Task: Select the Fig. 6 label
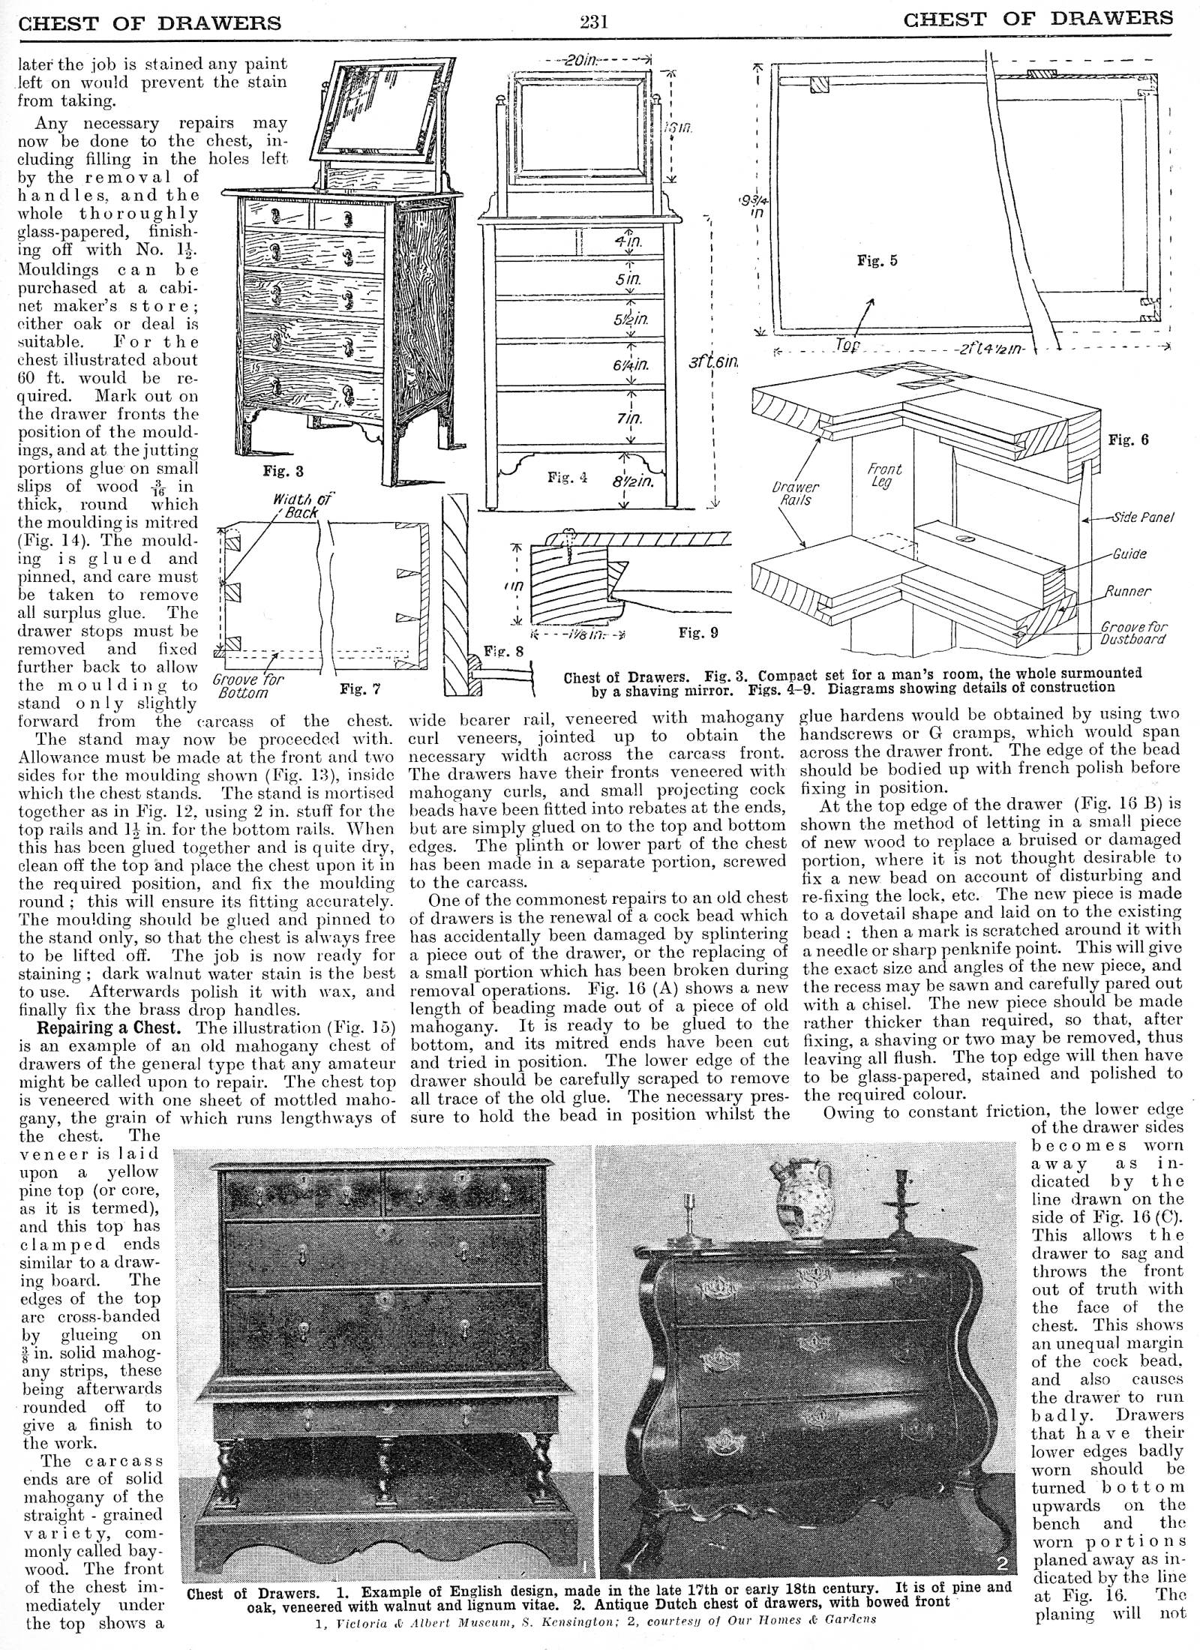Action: coord(1128,440)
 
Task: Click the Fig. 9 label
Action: coord(697,632)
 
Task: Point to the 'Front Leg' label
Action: coord(884,475)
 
